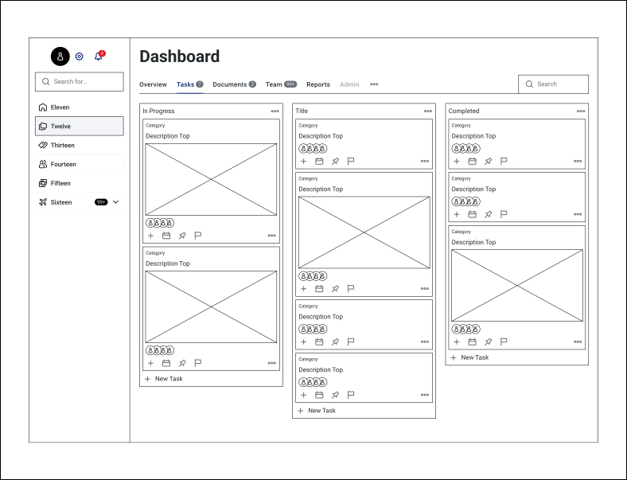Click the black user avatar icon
(60, 56)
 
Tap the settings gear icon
(80, 57)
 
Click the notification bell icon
(99, 57)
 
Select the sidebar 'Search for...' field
(80, 81)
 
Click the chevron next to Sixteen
(116, 202)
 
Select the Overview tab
(153, 84)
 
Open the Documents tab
(230, 84)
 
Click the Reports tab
(318, 84)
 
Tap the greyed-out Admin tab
(349, 84)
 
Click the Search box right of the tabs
(554, 84)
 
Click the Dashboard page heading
(179, 57)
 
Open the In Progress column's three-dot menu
(275, 111)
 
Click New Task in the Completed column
(474, 357)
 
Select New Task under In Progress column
(168, 379)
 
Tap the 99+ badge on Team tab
(290, 84)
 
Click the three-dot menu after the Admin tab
(374, 84)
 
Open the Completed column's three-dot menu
(581, 111)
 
